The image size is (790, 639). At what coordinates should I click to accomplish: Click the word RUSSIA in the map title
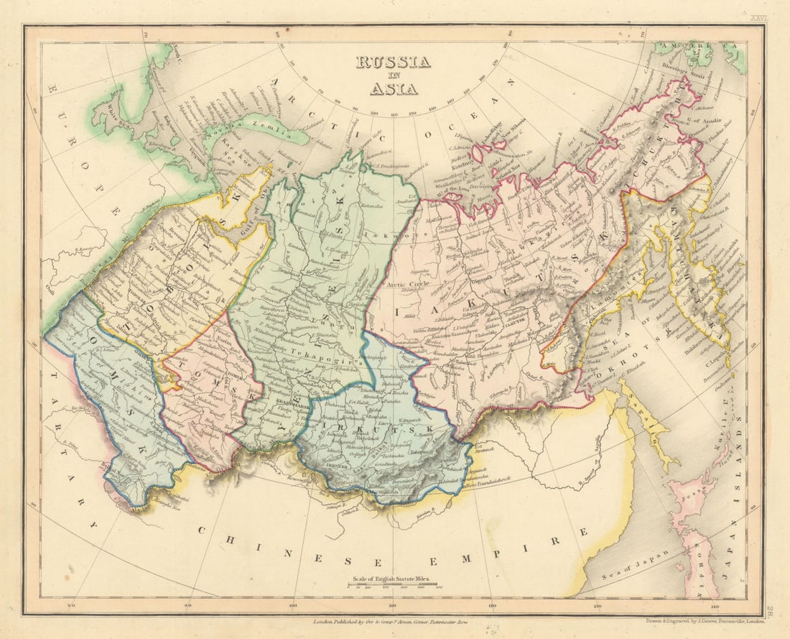[393, 63]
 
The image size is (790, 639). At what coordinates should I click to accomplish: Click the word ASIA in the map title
[393, 89]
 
